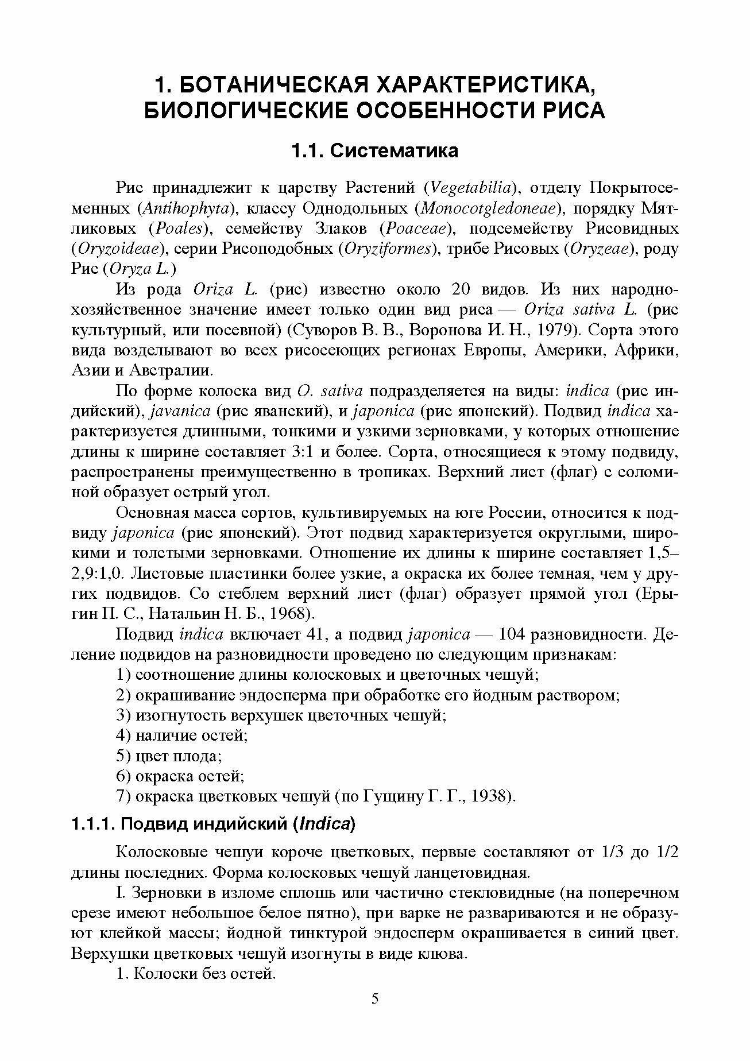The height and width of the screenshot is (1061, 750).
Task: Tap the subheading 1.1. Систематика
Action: point(374,151)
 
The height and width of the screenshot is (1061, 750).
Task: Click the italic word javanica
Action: point(180,412)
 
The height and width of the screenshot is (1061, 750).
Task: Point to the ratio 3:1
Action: point(299,452)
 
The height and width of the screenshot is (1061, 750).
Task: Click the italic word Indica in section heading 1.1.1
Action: point(325,824)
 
